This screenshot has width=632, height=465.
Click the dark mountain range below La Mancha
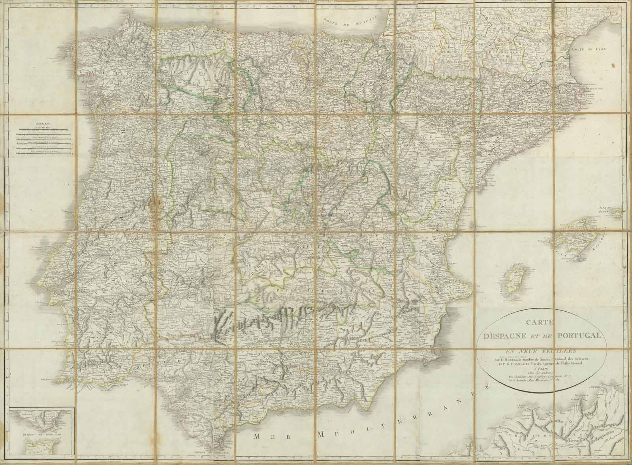click(276, 312)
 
